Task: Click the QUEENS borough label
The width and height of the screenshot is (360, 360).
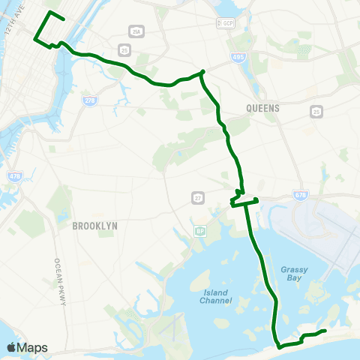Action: coord(262,108)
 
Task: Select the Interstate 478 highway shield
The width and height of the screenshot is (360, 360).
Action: coord(15,176)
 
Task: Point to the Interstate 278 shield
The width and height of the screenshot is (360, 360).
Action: coord(90,99)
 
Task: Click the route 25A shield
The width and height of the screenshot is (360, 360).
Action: coord(136,31)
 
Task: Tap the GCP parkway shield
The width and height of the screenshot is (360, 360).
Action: coord(224,24)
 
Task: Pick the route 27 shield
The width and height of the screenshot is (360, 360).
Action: coord(197,197)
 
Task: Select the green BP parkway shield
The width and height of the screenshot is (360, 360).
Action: coord(200,231)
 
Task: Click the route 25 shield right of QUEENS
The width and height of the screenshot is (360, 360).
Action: coord(317,111)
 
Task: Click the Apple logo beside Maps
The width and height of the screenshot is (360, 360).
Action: coord(11,347)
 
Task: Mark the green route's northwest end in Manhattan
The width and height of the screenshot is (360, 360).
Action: coord(64,19)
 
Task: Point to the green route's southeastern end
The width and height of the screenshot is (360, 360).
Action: coord(325,331)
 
